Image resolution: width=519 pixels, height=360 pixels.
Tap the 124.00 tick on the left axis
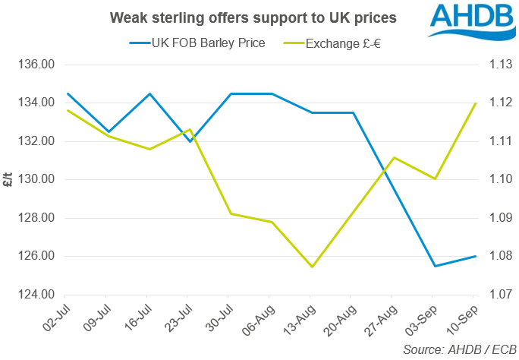pos(36,295)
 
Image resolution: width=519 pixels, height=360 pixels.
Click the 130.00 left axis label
pos(36,180)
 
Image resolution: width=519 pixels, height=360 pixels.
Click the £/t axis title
pos(8,180)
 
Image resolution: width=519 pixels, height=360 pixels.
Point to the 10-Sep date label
pos(466,317)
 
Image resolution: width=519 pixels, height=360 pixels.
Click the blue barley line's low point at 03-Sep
pos(434,266)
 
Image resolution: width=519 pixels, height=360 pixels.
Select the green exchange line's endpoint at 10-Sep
pos(474,103)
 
